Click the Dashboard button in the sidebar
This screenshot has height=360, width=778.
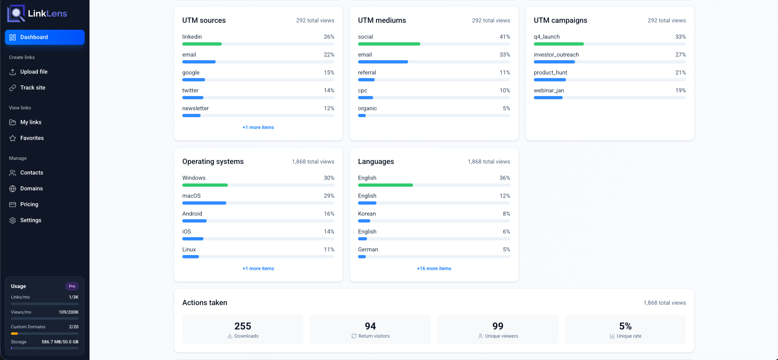(x=44, y=37)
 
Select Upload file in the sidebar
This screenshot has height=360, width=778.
(x=34, y=72)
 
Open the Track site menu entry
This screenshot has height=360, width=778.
(x=33, y=87)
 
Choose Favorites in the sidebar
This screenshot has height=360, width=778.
(x=32, y=138)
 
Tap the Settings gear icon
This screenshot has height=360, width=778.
(x=13, y=220)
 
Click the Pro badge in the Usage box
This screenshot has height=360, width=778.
(x=72, y=286)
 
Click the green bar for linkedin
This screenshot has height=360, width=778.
(x=202, y=44)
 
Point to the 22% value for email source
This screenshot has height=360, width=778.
(x=329, y=55)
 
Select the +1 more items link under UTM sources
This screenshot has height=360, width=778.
(x=258, y=127)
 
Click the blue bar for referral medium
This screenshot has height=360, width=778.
(x=366, y=80)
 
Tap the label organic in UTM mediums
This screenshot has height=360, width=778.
(x=367, y=108)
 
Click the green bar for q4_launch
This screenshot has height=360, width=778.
(x=559, y=44)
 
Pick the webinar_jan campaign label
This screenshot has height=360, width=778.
(x=549, y=90)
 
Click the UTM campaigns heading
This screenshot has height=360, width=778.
(x=560, y=20)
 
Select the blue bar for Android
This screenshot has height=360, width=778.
(x=194, y=221)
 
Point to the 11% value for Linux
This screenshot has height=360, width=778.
(x=329, y=249)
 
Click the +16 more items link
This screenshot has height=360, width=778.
(x=434, y=268)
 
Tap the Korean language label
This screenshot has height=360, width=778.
(x=367, y=214)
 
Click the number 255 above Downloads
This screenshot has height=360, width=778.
(x=243, y=326)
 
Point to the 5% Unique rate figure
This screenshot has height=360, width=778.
(x=625, y=326)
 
